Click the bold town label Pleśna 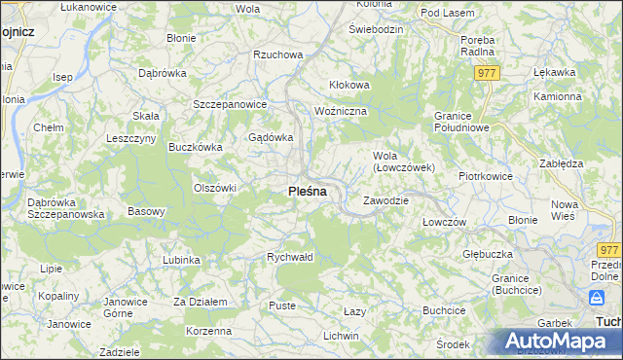(308, 192)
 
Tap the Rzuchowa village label (277, 55)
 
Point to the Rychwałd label (290, 257)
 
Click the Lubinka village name (182, 260)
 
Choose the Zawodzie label (385, 200)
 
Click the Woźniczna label (341, 112)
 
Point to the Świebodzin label (376, 29)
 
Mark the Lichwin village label (341, 336)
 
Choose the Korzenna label (209, 331)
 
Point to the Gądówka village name (272, 137)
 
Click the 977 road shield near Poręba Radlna (488, 73)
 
